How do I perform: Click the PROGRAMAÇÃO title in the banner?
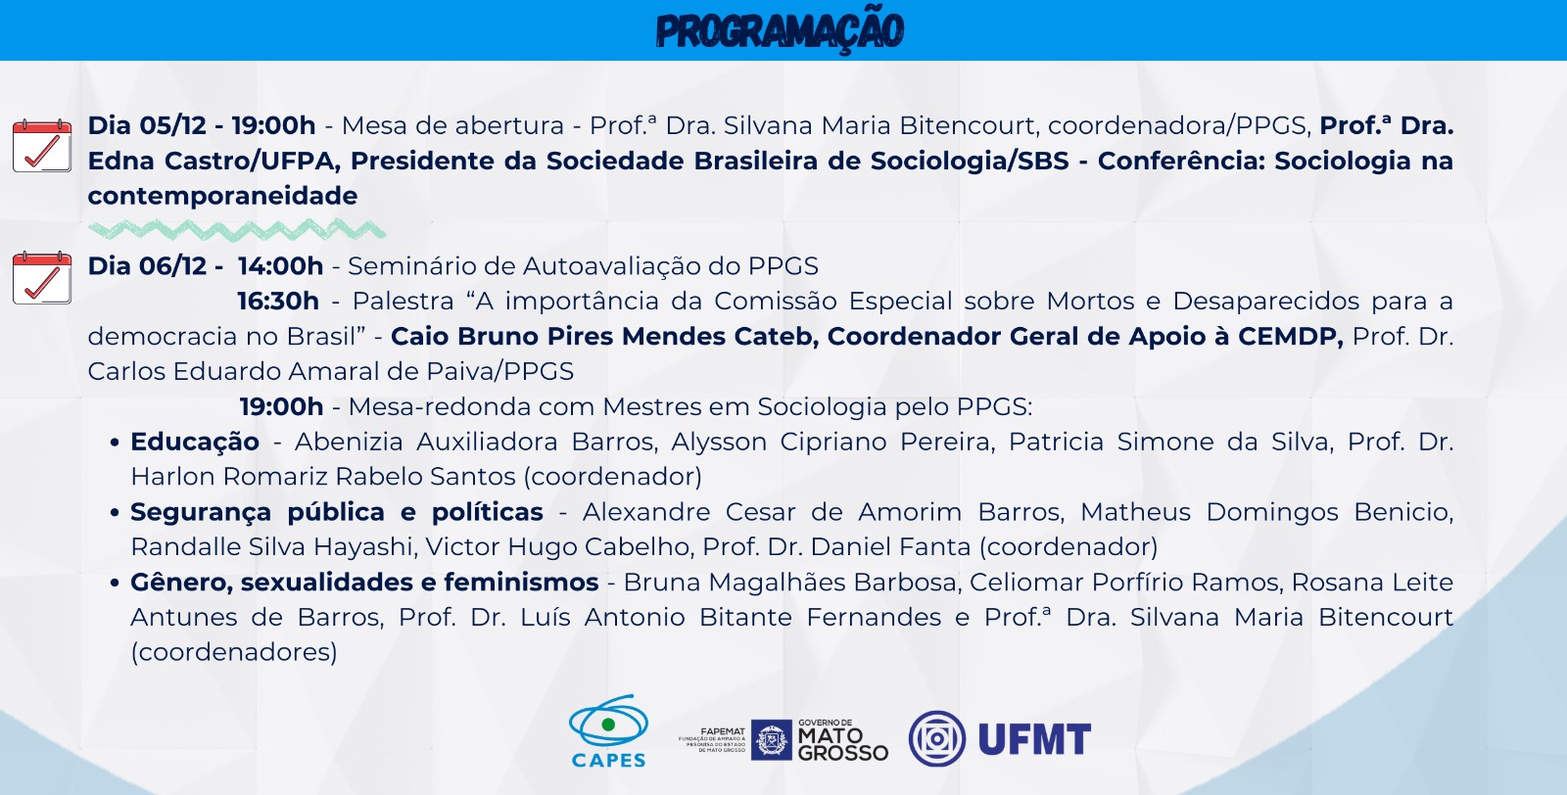point(780,31)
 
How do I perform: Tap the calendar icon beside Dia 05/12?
point(42,146)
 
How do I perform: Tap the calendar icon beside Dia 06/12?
point(42,278)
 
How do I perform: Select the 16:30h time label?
point(278,302)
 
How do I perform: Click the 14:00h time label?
point(280,266)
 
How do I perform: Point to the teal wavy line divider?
point(236,229)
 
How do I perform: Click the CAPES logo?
point(608,731)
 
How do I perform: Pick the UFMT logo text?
point(1034,740)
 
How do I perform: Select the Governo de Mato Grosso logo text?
point(842,740)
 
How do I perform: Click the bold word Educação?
point(195,442)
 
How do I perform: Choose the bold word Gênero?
point(181,583)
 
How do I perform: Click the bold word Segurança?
point(200,512)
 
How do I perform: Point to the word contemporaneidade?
point(222,196)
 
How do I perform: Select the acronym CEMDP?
point(1291,337)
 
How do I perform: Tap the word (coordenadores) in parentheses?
point(234,652)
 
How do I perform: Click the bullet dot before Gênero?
point(115,584)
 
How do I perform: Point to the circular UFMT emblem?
point(936,739)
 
